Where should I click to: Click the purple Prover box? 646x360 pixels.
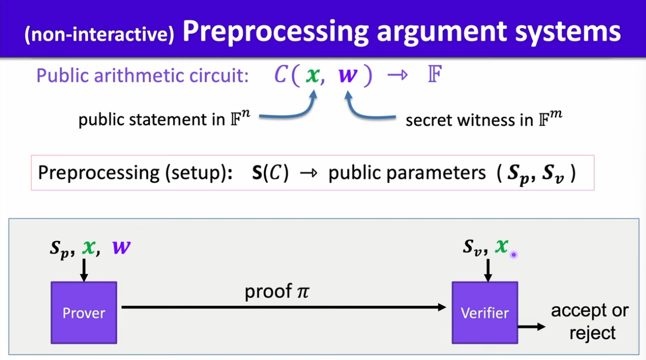click(x=84, y=312)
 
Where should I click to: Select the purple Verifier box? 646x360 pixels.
click(x=484, y=312)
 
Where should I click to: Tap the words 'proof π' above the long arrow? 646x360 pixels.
click(x=276, y=292)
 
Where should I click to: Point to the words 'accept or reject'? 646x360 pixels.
click(x=590, y=321)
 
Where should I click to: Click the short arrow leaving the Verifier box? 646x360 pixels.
click(x=531, y=326)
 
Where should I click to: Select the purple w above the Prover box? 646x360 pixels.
click(x=121, y=247)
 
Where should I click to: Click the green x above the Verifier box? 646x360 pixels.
click(x=501, y=246)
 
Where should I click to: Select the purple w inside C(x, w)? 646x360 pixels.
click(x=348, y=75)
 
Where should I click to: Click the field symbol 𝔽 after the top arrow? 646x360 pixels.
click(x=434, y=75)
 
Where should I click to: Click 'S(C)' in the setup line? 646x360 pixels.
click(x=270, y=172)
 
